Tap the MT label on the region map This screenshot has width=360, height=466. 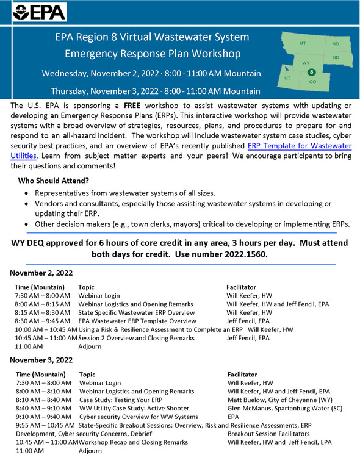pos(303,45)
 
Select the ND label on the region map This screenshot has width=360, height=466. pos(336,44)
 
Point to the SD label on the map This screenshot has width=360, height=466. pos(336,57)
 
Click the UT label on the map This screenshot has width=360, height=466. pos(287,79)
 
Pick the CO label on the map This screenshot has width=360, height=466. pos(313,81)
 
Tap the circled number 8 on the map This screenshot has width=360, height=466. pos(311,71)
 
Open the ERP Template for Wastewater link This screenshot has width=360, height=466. pos(299,146)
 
